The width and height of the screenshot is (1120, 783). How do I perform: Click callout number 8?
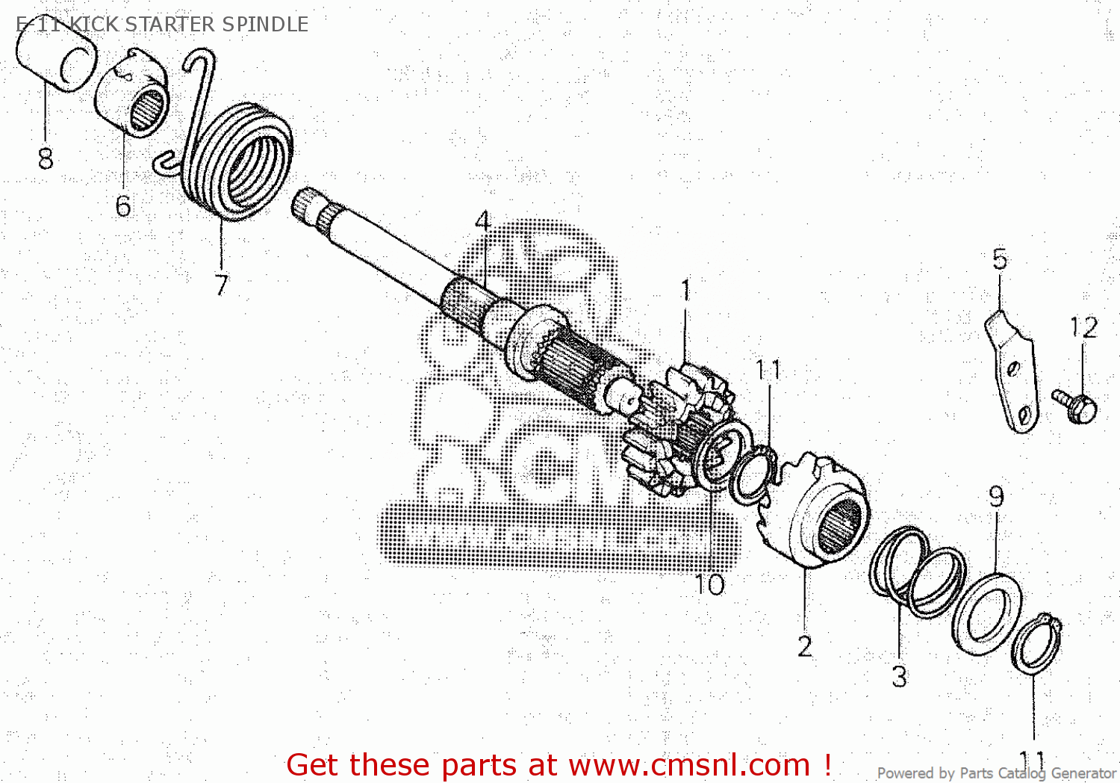[x=46, y=158]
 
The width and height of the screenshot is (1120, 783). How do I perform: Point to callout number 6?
[x=123, y=206]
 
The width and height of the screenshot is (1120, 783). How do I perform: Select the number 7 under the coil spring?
[x=221, y=285]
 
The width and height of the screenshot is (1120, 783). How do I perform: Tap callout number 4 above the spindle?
[x=483, y=221]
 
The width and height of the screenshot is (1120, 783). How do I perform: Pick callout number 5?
[x=1000, y=259]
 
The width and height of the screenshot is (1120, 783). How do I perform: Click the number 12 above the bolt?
[x=1083, y=327]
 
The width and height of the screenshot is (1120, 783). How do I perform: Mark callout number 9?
[x=996, y=497]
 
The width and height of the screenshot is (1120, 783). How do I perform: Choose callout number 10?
[x=709, y=584]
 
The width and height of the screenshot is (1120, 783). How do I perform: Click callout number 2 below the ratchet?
[x=804, y=646]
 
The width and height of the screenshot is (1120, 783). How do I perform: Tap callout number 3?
[x=900, y=677]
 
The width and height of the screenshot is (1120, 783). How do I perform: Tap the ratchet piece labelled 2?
[x=818, y=516]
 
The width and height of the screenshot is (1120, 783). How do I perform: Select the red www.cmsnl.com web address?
[x=689, y=765]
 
